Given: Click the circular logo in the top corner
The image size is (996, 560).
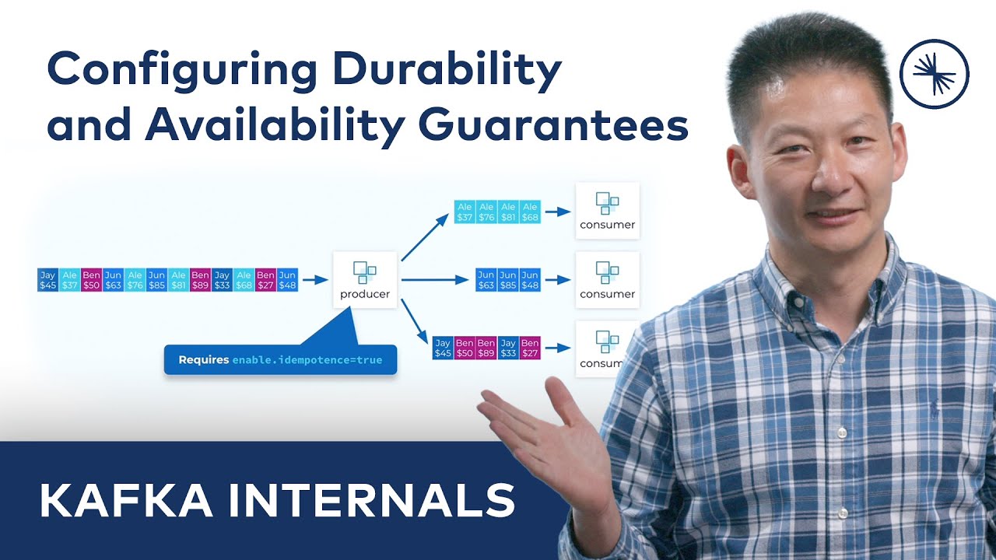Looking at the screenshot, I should click(x=934, y=72).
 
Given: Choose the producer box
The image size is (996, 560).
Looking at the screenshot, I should click(x=365, y=280).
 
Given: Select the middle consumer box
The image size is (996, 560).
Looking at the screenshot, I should click(x=607, y=280).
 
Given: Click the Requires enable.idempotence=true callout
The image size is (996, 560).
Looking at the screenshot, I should click(x=280, y=360).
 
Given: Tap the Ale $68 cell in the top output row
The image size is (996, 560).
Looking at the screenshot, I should click(x=530, y=212).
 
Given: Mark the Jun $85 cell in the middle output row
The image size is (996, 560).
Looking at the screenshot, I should click(x=508, y=280).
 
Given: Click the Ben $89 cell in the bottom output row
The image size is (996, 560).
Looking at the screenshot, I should click(x=486, y=348).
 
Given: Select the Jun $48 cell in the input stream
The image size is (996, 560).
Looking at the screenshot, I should click(x=288, y=280).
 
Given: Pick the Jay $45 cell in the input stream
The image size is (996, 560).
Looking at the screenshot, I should click(x=47, y=280).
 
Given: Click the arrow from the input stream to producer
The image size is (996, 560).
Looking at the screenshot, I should click(x=314, y=280).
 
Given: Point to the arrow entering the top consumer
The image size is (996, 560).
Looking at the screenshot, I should click(x=556, y=212).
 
